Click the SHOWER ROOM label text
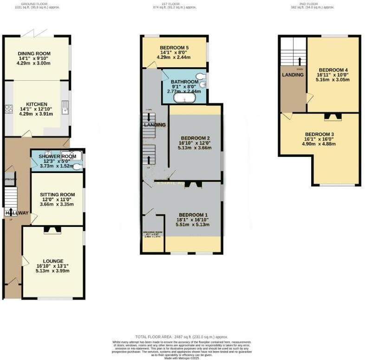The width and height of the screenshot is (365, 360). tap(57, 156)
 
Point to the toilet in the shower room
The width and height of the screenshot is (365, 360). tap(80, 163)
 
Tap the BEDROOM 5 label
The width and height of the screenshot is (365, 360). tap(174, 48)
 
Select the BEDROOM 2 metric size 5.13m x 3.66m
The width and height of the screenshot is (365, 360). tap(196, 148)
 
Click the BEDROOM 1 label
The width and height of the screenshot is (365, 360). tap(193, 214)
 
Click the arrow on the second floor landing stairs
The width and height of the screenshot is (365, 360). tap(299, 61)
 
